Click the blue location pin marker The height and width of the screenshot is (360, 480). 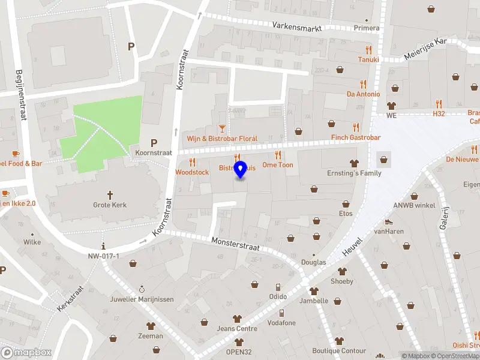click(x=241, y=170)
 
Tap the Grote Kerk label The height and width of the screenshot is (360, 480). click(x=110, y=205)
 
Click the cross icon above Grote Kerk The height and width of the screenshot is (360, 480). click(x=110, y=194)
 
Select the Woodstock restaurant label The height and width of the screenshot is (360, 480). click(x=192, y=172)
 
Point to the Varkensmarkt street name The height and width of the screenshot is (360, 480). click(x=297, y=26)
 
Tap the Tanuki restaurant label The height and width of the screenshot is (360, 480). click(x=368, y=59)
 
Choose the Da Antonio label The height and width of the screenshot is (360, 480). click(x=363, y=94)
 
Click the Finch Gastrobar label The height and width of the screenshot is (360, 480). click(x=356, y=137)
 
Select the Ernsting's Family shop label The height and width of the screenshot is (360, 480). click(x=354, y=173)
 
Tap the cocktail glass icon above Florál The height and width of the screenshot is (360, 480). click(x=222, y=128)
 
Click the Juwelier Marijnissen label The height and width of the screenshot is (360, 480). click(x=142, y=299)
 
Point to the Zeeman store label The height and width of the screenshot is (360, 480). click(x=150, y=336)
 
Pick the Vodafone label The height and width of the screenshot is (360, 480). click(x=281, y=323)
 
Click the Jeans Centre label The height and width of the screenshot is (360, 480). click(x=237, y=329)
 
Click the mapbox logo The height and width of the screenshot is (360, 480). click(x=26, y=352)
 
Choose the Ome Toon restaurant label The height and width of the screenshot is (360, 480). click(x=278, y=165)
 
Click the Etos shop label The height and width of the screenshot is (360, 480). click(x=346, y=214)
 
